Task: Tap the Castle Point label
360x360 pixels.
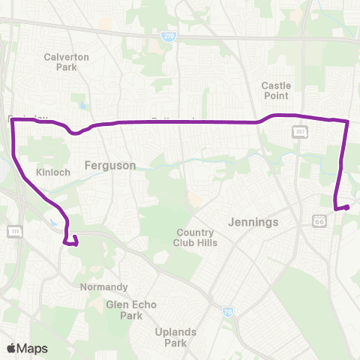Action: (x=276, y=91)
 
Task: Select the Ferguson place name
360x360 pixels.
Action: (x=110, y=165)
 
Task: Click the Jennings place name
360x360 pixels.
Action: (x=256, y=222)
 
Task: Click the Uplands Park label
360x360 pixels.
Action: (x=175, y=337)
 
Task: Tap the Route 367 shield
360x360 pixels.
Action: (x=297, y=132)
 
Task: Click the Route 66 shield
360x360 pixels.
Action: (x=319, y=220)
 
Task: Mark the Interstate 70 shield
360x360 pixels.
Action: (x=226, y=311)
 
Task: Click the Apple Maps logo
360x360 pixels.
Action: (x=27, y=348)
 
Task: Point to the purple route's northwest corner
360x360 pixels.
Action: (x=13, y=121)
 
